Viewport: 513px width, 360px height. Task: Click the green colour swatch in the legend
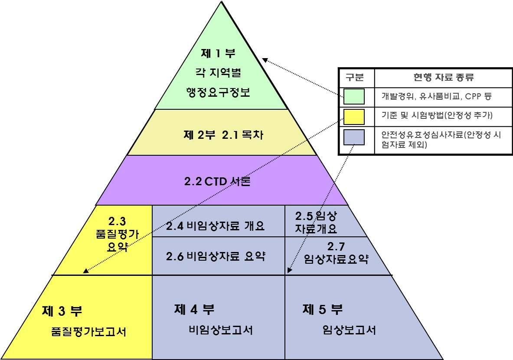click(x=354, y=96)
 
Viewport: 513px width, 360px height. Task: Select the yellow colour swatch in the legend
click(x=354, y=116)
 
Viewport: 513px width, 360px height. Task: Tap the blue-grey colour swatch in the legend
click(x=354, y=137)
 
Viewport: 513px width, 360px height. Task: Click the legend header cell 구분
click(x=355, y=78)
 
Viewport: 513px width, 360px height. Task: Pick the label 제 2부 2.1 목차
click(x=223, y=135)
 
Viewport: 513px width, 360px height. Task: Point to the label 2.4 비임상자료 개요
click(x=215, y=226)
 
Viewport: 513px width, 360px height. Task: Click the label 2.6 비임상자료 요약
click(x=216, y=256)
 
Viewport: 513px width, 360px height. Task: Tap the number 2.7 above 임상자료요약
click(x=336, y=247)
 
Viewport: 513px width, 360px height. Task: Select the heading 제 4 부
click(x=194, y=309)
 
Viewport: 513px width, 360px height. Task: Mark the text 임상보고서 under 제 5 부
click(x=349, y=330)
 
